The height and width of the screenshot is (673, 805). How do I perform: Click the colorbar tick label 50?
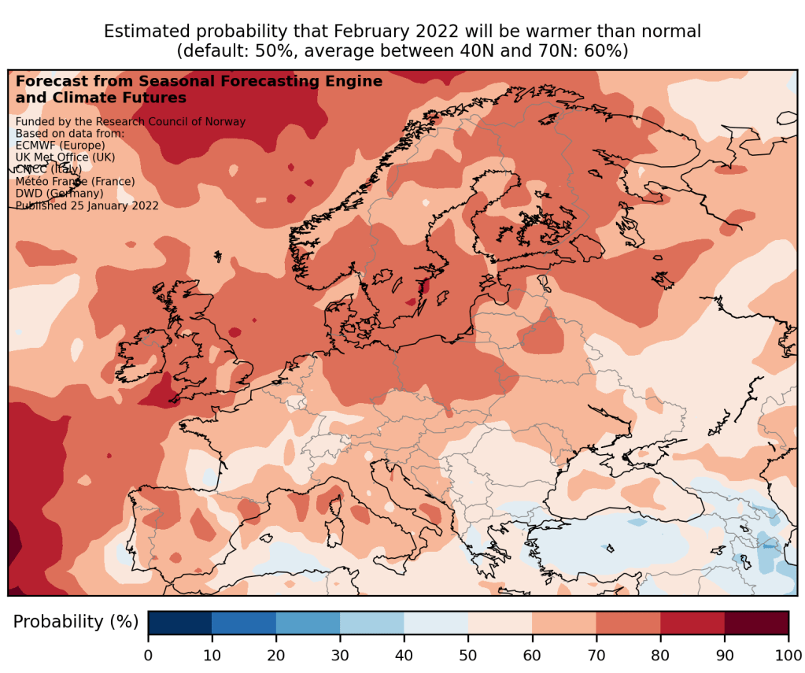tap(468, 653)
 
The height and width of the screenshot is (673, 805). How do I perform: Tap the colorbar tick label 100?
tap(788, 653)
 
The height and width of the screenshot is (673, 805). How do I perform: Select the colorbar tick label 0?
tap(148, 653)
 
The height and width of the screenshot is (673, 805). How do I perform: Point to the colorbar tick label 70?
tap(596, 653)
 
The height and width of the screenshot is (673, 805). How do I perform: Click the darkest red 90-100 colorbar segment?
tap(756, 622)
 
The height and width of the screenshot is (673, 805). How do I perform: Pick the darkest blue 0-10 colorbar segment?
tap(180, 622)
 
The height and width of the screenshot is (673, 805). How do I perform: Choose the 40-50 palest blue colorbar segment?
tap(436, 622)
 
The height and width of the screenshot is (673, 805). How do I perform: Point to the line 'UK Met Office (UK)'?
tap(65, 157)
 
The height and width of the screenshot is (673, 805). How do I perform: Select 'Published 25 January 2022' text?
tap(87, 205)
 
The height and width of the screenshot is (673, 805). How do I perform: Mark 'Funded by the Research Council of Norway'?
tap(131, 121)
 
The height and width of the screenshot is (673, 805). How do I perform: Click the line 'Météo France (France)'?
tap(76, 181)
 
